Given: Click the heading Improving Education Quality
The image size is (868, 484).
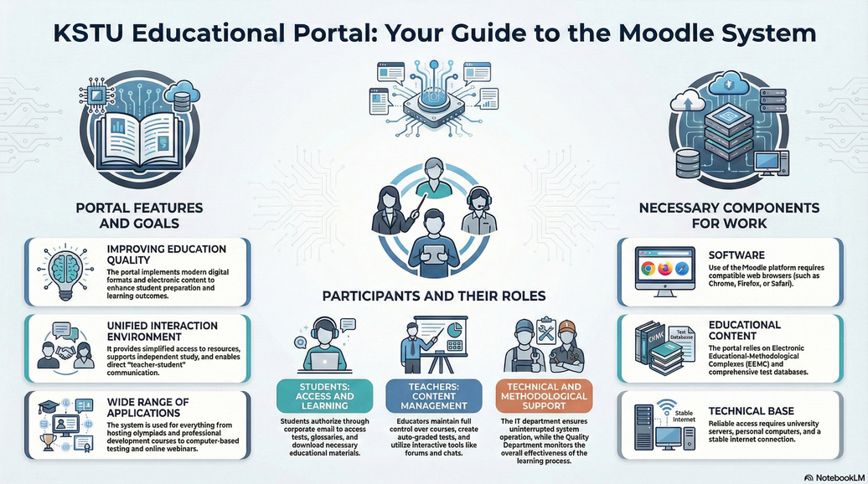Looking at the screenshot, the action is tap(167, 255).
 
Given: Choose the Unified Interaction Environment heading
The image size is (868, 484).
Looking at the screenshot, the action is tap(163, 331).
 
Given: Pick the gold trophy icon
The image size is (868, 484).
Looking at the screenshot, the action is tap(48, 440).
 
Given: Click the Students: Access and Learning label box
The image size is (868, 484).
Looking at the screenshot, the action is tap(324, 396).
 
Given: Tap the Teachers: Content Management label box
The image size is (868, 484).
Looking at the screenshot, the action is tap(433, 396).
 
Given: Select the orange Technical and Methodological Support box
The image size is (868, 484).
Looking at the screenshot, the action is tap(544, 396).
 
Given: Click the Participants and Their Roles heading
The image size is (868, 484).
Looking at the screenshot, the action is tap(434, 296).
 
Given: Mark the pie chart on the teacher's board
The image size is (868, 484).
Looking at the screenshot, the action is tap(454, 329).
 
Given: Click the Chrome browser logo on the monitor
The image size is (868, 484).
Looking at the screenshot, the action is tap(647, 270).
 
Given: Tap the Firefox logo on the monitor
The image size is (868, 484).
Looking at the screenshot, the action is tap(665, 270).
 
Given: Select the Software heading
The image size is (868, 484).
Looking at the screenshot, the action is tap(736, 255).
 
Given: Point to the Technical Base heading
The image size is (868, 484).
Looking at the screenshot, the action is tap(752, 411).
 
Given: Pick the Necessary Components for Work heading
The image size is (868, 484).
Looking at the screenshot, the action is tap(729, 216).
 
